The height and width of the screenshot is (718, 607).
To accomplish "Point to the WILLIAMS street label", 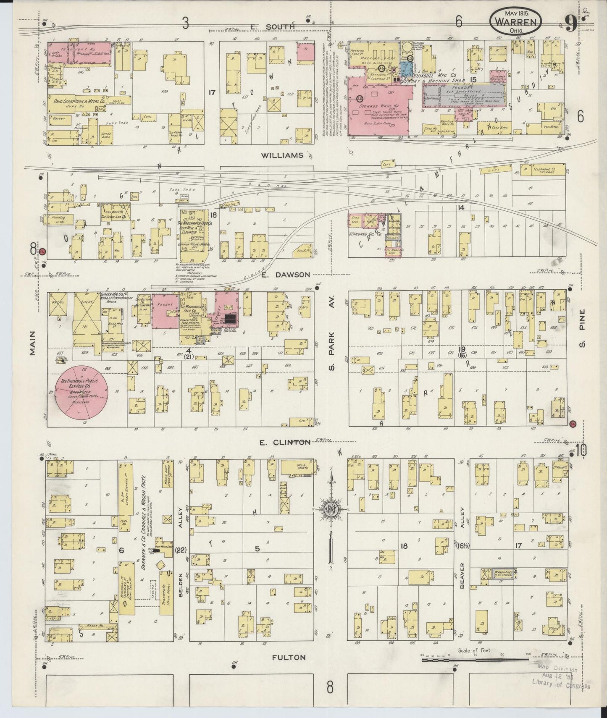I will (282, 155).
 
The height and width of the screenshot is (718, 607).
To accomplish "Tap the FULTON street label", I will (288, 658).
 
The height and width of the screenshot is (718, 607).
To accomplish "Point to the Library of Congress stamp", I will (560, 678).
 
